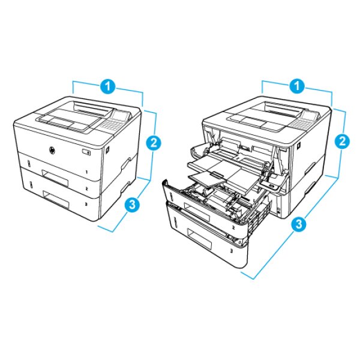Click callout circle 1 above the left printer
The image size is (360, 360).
click(x=107, y=86)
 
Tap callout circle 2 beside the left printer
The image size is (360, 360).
click(x=153, y=143)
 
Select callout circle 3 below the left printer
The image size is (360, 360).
click(x=133, y=205)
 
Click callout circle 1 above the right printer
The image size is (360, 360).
click(x=297, y=86)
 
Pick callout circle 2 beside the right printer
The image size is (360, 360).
click(x=342, y=141)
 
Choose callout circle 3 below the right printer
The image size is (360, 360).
click(x=299, y=224)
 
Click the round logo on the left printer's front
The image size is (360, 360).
click(x=52, y=151)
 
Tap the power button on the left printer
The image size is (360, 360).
click(x=86, y=152)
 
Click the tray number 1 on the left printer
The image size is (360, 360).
click(x=87, y=172)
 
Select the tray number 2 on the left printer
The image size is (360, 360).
click(x=87, y=189)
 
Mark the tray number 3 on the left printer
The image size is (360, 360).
click(x=86, y=204)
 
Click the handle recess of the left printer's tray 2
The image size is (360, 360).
click(x=55, y=178)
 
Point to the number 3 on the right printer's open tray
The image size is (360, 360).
click(x=232, y=251)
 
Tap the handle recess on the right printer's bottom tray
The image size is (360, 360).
click(x=199, y=239)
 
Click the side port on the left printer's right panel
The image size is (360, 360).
click(x=107, y=149)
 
